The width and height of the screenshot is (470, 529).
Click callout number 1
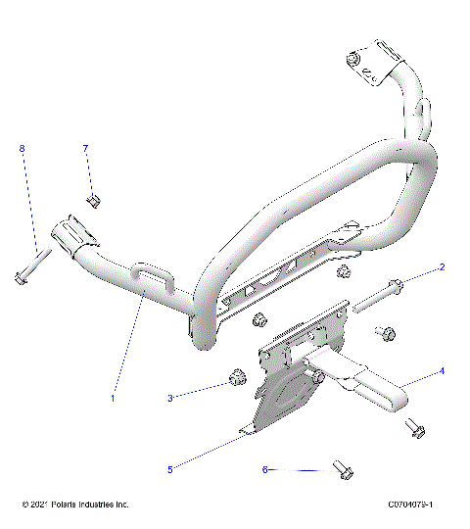click(113, 398)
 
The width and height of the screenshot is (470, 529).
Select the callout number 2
click(442, 266)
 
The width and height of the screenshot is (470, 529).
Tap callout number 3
click(170, 397)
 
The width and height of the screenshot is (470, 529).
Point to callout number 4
click(442, 371)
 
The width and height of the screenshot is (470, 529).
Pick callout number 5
click(170, 469)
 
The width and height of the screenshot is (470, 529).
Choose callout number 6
click(264, 469)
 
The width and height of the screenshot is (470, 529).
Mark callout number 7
click(85, 148)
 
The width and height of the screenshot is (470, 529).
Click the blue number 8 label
click(22, 148)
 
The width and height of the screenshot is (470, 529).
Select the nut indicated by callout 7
click(94, 201)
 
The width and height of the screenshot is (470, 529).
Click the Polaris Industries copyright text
click(75, 505)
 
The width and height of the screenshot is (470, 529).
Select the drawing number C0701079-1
click(410, 505)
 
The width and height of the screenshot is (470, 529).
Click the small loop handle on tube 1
click(156, 278)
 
